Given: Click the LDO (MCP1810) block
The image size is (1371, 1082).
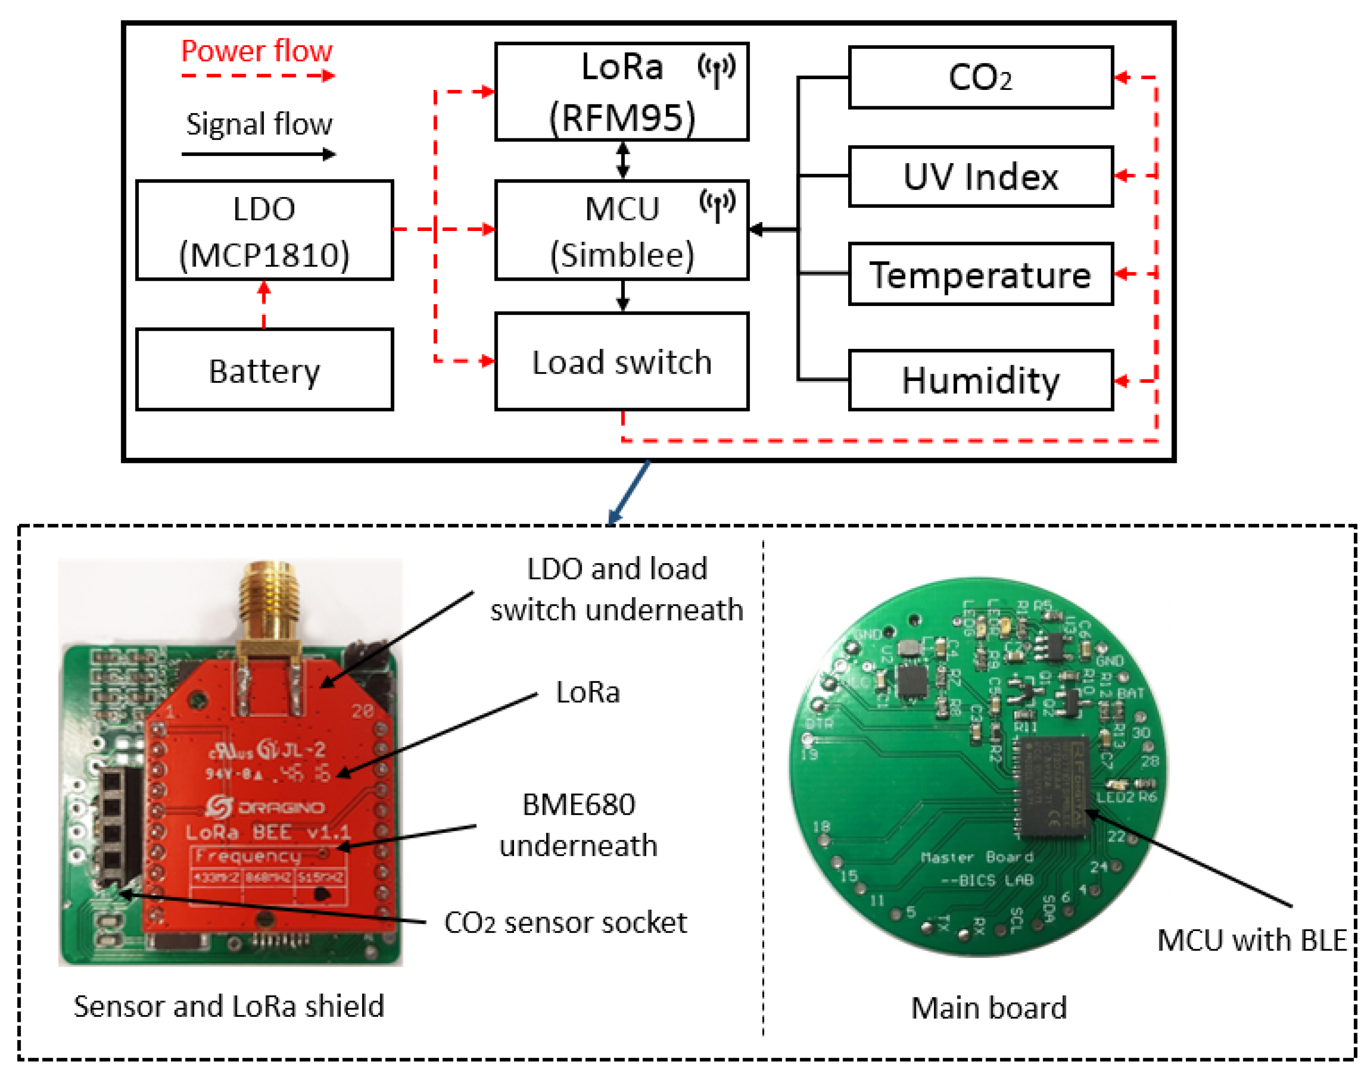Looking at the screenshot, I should [x=264, y=231].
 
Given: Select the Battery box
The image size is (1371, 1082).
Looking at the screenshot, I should [x=264, y=370].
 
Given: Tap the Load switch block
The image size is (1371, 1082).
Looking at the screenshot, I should [x=621, y=362].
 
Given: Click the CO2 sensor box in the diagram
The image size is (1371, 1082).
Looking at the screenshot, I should [x=980, y=77].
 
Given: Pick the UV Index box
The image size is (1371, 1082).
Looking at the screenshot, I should [x=980, y=177].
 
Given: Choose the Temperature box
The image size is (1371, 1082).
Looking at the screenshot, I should [x=980, y=274].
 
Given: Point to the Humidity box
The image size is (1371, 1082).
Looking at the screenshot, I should [x=980, y=380].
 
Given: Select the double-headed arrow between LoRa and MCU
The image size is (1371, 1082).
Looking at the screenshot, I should [x=623, y=160].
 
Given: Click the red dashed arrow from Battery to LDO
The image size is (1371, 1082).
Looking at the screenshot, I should [x=264, y=304].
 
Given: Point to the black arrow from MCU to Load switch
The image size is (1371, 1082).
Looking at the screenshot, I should [x=623, y=296].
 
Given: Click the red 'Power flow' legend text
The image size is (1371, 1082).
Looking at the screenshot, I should [x=257, y=51].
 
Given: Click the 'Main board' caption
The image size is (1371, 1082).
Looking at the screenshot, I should [x=988, y=1007].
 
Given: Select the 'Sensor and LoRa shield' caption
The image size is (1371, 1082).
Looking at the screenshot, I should [x=229, y=1006].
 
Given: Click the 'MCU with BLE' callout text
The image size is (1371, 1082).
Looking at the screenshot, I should [x=1251, y=940].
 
